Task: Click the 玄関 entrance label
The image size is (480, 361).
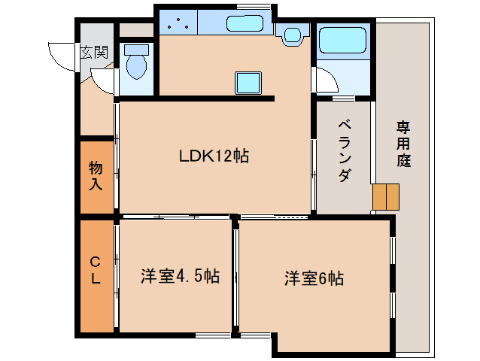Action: [94, 53]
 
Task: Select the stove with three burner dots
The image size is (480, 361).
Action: [178, 23]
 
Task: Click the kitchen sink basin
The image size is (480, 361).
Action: [245, 23]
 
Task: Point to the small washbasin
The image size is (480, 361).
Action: [293, 35]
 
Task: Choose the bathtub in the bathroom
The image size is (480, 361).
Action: [342, 40]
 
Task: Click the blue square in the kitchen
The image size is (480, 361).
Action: [248, 83]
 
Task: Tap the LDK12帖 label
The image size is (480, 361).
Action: [214, 156]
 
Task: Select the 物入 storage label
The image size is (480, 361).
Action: [96, 176]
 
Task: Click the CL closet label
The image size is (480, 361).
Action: [96, 271]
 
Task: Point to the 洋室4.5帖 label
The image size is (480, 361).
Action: [181, 276]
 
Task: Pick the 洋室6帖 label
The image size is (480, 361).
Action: [314, 278]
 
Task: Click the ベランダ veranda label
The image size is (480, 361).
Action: [345, 151]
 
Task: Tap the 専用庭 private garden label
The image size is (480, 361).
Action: [404, 144]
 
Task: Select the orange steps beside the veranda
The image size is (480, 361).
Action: [386, 197]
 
